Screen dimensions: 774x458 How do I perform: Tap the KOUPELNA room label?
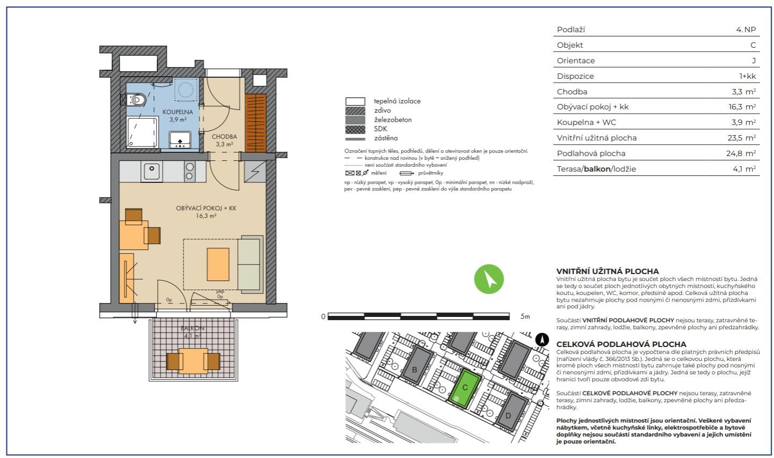178,112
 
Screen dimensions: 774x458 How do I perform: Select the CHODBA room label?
224,137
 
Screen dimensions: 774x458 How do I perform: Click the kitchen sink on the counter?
151,171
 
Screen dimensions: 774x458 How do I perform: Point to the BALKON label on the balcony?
193,328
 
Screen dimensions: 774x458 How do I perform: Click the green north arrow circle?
488,279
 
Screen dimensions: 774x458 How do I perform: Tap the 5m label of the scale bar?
525,316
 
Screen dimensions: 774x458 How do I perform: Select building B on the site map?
417,366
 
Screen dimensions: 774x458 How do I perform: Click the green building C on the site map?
465,388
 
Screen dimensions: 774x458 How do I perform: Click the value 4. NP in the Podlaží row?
746,29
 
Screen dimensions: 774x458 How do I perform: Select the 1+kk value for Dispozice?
747,76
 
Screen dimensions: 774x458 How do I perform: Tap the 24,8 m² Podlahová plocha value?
741,153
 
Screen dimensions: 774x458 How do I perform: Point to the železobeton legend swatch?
355,120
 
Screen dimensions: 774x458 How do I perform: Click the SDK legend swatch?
355,129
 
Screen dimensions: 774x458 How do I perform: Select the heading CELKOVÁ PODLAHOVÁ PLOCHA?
621,344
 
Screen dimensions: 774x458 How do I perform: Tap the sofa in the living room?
250,264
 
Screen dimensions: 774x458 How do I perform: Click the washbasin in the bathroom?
180,140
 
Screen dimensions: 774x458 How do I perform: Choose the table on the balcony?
193,361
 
